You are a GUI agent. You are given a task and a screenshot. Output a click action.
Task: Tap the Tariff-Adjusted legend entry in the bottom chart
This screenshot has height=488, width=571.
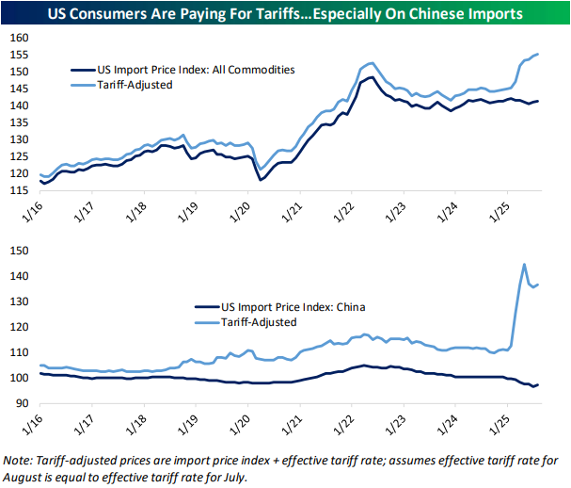pyautogui.click(x=257, y=322)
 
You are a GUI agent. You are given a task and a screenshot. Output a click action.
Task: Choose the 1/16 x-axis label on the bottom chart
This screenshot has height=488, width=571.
pyautogui.click(x=34, y=423)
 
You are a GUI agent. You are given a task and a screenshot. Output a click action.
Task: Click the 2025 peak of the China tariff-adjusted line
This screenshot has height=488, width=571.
pyautogui.click(x=523, y=264)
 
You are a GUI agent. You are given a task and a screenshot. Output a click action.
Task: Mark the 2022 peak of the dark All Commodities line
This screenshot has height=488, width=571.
pyautogui.click(x=375, y=77)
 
